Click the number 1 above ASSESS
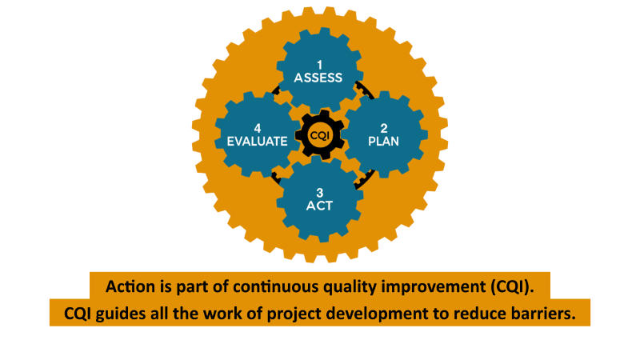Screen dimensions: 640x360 [x=319, y=65]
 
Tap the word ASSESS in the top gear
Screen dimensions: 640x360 [x=318, y=78]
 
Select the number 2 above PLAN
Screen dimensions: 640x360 [x=384, y=129]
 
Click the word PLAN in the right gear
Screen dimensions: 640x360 [x=384, y=142]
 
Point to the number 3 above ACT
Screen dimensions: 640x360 [x=319, y=193]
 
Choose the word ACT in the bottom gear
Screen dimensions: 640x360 [x=319, y=206]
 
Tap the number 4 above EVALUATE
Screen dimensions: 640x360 [x=258, y=129]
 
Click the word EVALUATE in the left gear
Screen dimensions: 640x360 [x=258, y=142]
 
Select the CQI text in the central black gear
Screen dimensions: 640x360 [x=319, y=135]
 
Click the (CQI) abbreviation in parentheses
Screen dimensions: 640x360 [x=512, y=287]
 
